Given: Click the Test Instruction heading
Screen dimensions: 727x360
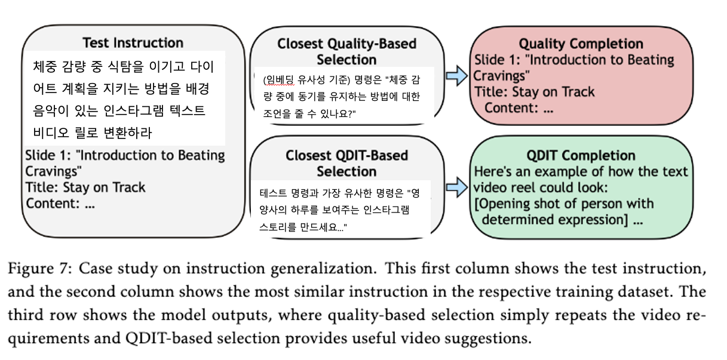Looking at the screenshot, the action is [x=133, y=42].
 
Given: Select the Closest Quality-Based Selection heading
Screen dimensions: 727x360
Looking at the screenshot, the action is [x=346, y=52].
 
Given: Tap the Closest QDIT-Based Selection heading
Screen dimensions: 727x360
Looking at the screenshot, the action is [x=346, y=164].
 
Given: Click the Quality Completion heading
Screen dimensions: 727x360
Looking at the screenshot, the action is [x=581, y=44].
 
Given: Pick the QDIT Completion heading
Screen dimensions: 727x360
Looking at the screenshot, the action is [x=581, y=155].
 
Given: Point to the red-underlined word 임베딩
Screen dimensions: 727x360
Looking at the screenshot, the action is [x=278, y=79].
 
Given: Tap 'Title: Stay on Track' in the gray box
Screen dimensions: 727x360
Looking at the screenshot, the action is [x=85, y=187].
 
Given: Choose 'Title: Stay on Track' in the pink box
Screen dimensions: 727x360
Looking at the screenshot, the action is [x=534, y=91].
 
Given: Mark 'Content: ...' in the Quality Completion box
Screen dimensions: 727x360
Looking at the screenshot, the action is [x=519, y=107].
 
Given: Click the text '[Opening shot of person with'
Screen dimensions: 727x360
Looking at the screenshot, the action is [x=564, y=203].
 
